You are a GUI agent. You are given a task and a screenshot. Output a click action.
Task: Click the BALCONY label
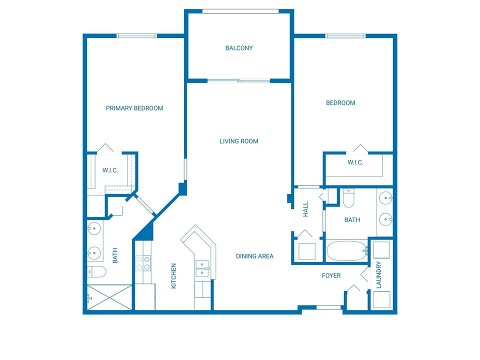239,48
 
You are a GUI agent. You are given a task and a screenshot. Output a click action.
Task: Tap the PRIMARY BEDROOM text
134,108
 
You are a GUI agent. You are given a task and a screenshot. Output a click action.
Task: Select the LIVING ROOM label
239,141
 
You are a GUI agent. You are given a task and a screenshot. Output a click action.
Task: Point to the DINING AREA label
254,256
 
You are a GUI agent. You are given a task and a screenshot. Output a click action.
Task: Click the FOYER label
331,275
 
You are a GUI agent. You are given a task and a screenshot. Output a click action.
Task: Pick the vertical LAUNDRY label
378,275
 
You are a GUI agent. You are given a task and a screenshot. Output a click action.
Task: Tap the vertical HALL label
305,209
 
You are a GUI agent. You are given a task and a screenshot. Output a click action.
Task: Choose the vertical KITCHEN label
174,276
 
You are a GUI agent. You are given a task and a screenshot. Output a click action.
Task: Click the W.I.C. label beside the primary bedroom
110,170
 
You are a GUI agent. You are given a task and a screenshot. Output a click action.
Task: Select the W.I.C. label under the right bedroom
355,163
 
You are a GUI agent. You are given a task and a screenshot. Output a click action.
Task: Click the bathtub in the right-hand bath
347,251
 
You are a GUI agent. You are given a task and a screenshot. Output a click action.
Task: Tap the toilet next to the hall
348,198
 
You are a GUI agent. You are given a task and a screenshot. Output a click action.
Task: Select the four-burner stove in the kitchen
143,263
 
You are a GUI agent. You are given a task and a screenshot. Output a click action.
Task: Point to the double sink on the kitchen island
202,268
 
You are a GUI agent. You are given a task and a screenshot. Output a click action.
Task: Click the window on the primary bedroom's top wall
136,35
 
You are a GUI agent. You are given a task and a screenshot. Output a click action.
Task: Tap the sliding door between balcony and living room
238,80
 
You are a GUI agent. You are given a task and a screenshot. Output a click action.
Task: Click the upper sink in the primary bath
94,230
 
